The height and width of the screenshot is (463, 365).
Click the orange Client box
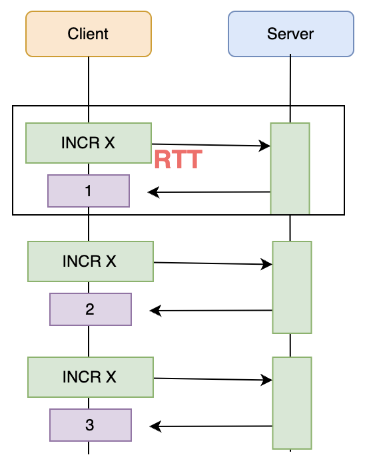(x=89, y=34)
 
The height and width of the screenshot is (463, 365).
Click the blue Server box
(x=290, y=34)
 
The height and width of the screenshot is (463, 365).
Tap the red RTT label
(x=178, y=160)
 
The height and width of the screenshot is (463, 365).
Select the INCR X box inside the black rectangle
(x=89, y=143)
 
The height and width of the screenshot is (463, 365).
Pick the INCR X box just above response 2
(x=90, y=261)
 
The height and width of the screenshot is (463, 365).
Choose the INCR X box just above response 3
(x=90, y=377)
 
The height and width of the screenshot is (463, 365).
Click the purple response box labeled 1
(x=89, y=192)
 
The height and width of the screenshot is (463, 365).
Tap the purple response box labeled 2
(x=90, y=309)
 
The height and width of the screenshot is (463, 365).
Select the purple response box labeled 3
(x=90, y=425)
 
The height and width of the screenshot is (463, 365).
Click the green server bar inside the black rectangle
(x=290, y=168)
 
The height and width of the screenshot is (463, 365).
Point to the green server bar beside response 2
(x=292, y=287)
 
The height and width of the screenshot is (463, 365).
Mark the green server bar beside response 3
(x=292, y=402)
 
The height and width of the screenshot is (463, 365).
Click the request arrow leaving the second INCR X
(x=212, y=263)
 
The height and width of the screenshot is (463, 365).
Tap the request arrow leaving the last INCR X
(x=212, y=379)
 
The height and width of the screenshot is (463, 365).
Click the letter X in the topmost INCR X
(x=110, y=143)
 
